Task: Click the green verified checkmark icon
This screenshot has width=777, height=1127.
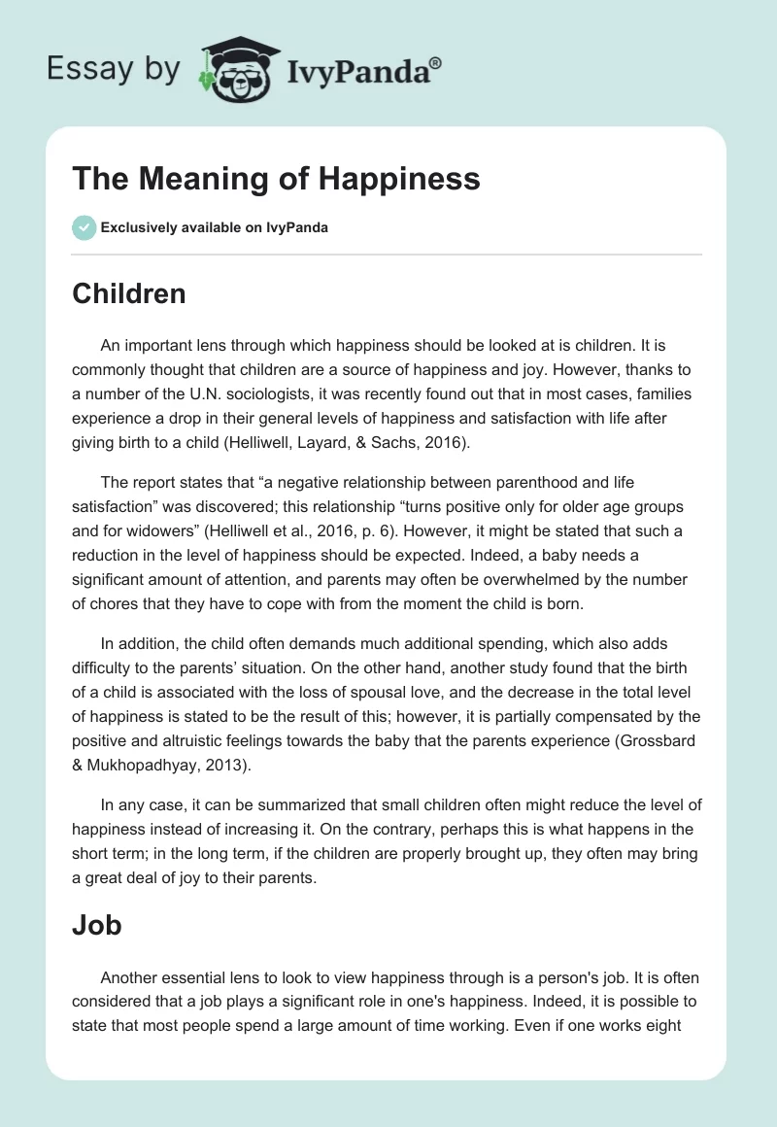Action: [x=83, y=228]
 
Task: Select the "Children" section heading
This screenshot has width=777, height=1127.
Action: [x=128, y=293]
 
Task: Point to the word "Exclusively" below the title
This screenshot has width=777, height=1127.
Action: [x=138, y=228]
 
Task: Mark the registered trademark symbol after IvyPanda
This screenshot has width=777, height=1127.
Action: [x=436, y=61]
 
